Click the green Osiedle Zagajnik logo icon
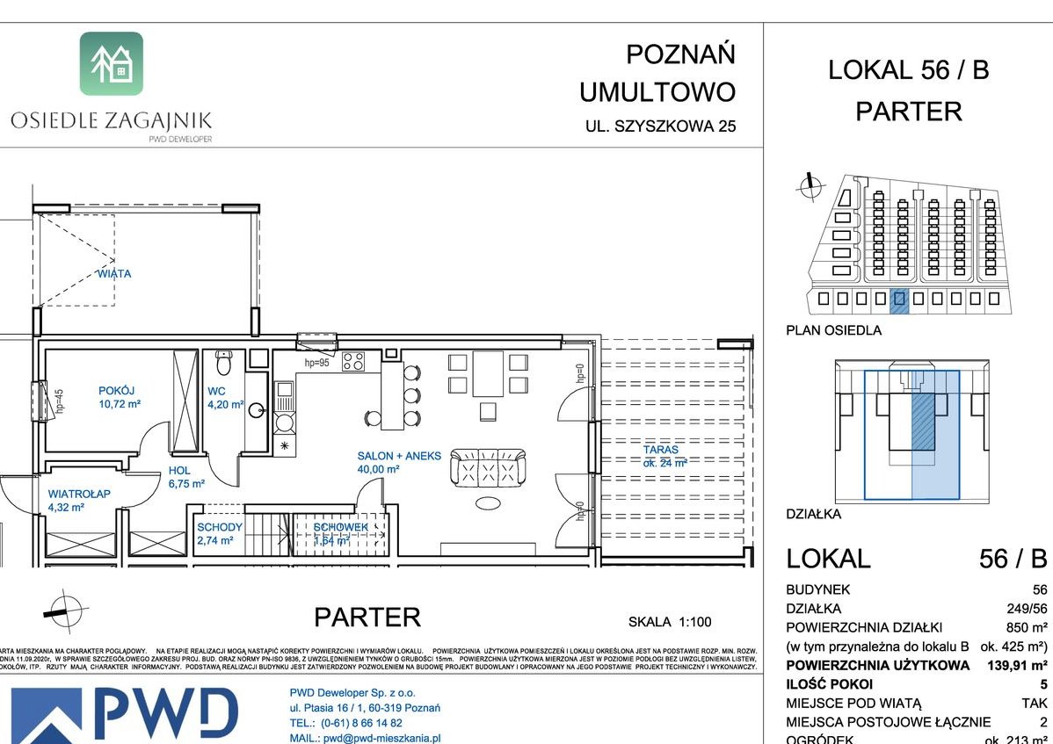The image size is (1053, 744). [x=112, y=63]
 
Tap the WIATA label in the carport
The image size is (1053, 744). [x=114, y=274]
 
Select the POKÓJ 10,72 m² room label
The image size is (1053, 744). [x=119, y=397]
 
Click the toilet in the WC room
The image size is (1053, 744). [x=223, y=361]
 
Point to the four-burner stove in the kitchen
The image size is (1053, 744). [x=353, y=361]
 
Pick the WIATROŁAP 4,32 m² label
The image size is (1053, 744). [x=79, y=501]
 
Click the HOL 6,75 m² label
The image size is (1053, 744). [x=185, y=477]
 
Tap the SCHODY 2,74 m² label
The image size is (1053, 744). [x=220, y=534]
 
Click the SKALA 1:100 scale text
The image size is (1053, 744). [x=670, y=622]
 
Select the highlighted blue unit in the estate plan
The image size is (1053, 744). [x=898, y=300]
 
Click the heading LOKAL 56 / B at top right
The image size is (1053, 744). [x=908, y=70]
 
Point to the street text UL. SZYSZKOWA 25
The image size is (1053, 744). [x=661, y=126]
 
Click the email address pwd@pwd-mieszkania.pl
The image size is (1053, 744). [x=365, y=739]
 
